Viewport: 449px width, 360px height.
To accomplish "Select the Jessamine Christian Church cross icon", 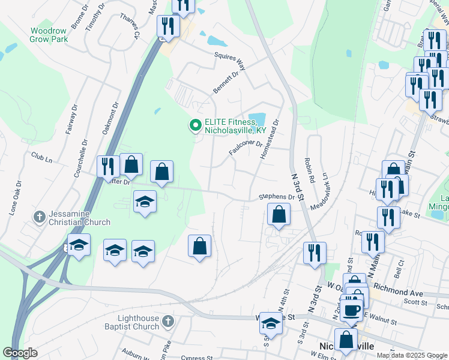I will pos(40,216).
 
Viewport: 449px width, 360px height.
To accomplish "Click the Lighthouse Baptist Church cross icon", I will pos(167,322).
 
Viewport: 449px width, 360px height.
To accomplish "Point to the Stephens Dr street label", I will pos(277,197).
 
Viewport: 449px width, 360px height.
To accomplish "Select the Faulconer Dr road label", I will pos(246,148).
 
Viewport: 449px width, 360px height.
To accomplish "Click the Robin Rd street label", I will pos(310,170).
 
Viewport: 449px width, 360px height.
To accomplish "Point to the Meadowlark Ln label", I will pos(321,191).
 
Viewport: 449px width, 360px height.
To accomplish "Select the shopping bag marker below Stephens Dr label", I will pos(279,215).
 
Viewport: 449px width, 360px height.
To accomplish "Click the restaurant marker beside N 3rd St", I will pos(315,253).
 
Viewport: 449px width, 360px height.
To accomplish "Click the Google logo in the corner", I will pos(20,353).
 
